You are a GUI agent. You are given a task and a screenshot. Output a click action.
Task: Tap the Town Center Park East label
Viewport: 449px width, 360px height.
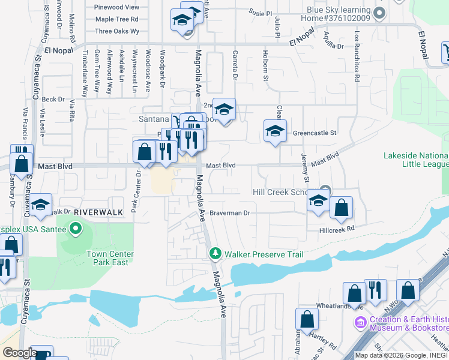coord(110,258)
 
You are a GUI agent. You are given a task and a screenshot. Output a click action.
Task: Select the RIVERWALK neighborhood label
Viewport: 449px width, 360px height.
coord(98,212)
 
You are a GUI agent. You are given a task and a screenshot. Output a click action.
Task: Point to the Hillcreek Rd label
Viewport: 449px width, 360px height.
coord(337,229)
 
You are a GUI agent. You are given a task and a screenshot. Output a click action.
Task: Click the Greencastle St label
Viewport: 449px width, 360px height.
coord(315,133)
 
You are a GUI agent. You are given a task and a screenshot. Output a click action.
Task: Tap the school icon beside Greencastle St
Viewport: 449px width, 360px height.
coord(275,131)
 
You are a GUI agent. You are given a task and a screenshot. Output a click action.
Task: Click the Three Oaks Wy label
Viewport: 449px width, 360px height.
coord(117,31)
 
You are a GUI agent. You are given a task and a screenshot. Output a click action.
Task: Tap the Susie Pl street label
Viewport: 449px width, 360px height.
coord(260,12)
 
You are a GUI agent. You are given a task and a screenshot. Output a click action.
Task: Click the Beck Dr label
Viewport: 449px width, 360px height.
coord(53,99)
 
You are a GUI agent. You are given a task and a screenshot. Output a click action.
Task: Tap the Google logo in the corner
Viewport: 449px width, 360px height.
coord(19,353)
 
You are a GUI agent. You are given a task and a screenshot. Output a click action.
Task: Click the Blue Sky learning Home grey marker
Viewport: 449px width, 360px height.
coord(378,12)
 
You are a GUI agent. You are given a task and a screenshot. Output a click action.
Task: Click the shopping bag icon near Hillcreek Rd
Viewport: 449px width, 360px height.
coord(341,208)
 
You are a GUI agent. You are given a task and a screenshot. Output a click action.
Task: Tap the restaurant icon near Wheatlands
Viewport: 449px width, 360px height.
coord(375,290)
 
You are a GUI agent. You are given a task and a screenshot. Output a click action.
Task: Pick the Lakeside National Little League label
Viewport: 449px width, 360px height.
coord(416,160)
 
